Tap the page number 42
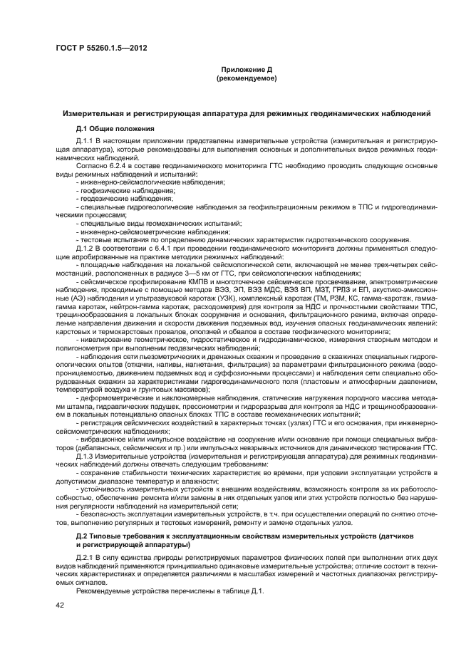point(60,605)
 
